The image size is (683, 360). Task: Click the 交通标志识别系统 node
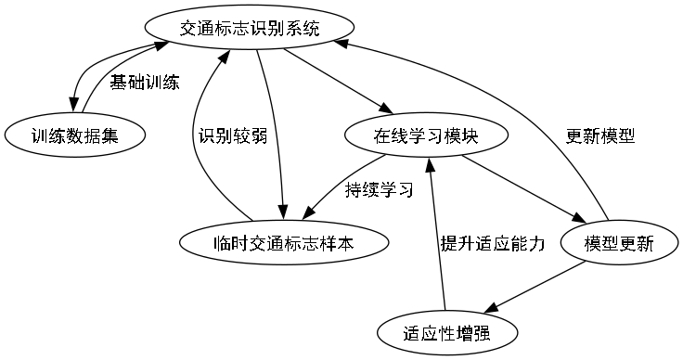249,29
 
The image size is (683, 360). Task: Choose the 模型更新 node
619,243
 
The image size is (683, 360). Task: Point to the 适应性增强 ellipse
446,332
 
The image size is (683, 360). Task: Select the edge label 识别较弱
233,135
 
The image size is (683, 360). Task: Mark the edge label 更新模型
600,135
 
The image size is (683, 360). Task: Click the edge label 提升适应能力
492,243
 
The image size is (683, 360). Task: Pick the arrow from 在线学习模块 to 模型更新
524,190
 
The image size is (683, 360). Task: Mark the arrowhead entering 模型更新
582,220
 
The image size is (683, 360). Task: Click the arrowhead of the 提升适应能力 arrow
430,164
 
